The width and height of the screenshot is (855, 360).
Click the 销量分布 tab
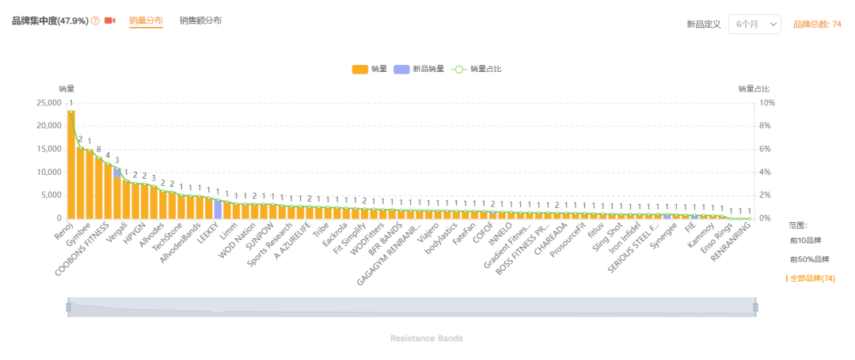coord(146,21)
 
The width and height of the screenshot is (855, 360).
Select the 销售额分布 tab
coord(200,21)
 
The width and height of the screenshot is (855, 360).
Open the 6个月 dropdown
coord(754,25)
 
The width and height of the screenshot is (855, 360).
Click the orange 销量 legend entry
coord(370,69)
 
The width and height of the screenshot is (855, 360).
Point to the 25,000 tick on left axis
coord(48,103)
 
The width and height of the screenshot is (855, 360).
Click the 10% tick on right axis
coord(767,103)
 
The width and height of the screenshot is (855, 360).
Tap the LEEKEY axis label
coord(207,237)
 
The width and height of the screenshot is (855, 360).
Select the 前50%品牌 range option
coord(810,260)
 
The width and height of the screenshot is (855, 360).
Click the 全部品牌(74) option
coord(811,279)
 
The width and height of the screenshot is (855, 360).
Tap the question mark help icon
coord(96,21)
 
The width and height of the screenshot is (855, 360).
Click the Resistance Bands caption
coord(427,339)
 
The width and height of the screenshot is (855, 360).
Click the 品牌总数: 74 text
coord(817,25)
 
